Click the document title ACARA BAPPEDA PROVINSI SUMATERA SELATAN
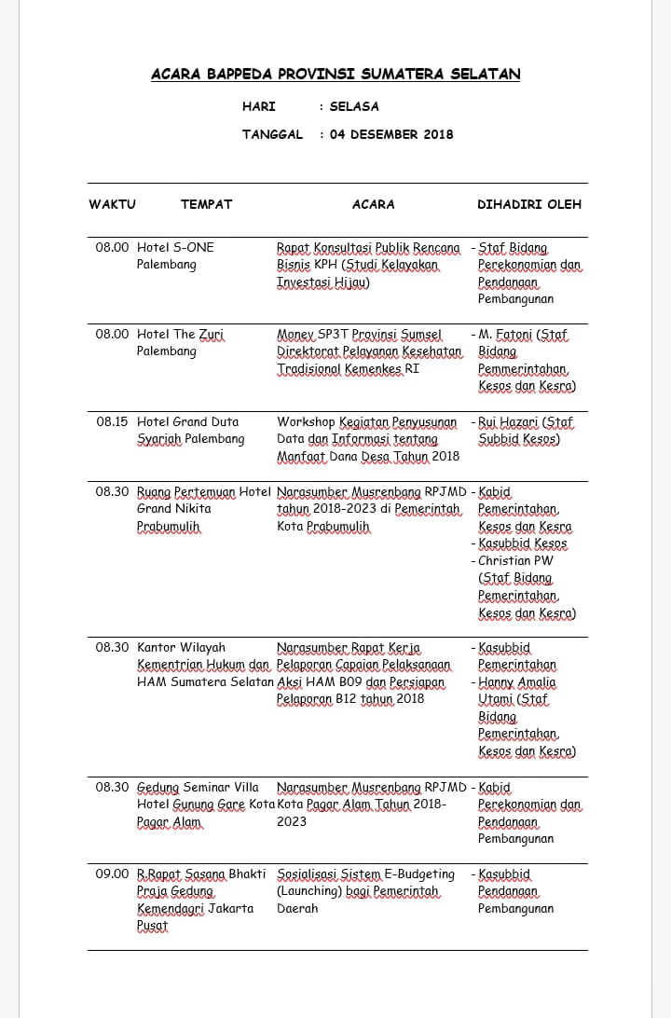click(x=335, y=75)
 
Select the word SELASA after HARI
click(x=354, y=106)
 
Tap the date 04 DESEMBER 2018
click(x=391, y=134)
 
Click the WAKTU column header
click(x=113, y=204)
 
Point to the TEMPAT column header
click(x=206, y=204)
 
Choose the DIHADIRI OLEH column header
click(x=529, y=204)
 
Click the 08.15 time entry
click(x=113, y=422)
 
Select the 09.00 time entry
click(x=113, y=874)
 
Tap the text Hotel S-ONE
click(x=175, y=247)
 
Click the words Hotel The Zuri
click(x=181, y=335)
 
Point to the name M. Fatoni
click(x=507, y=335)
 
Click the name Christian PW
click(x=515, y=561)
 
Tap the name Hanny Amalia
click(x=517, y=682)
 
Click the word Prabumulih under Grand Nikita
click(x=169, y=527)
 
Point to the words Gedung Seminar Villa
click(x=198, y=788)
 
